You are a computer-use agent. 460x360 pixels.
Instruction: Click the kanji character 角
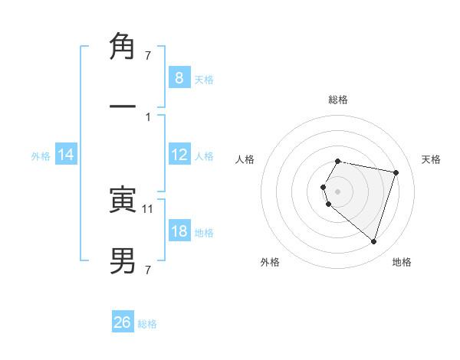pyautogui.click(x=123, y=47)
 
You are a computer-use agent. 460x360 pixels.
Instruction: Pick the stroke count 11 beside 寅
pyautogui.click(x=148, y=208)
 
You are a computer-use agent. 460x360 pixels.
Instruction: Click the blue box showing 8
pyautogui.click(x=179, y=77)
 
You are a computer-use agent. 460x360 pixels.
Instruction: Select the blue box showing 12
pyautogui.click(x=179, y=155)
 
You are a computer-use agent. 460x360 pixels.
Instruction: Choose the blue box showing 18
pyautogui.click(x=179, y=231)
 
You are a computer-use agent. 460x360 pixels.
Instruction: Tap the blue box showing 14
pyautogui.click(x=66, y=155)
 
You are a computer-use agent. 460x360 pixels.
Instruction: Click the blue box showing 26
pyautogui.click(x=123, y=322)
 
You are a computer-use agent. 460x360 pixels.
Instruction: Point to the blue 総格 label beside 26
pyautogui.click(x=147, y=324)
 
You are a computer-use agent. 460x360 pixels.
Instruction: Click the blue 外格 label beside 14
pyautogui.click(x=41, y=156)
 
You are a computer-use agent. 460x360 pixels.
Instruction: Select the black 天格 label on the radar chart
pyautogui.click(x=432, y=159)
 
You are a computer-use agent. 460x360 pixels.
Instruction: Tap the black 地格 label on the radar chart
pyautogui.click(x=402, y=262)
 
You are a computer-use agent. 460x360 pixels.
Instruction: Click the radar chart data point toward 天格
pyautogui.click(x=396, y=173)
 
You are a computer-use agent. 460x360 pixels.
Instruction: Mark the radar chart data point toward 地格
pyautogui.click(x=373, y=241)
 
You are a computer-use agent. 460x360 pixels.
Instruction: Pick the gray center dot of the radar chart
pyautogui.click(x=338, y=191)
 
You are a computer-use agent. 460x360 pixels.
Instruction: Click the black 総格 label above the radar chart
pyautogui.click(x=338, y=100)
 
